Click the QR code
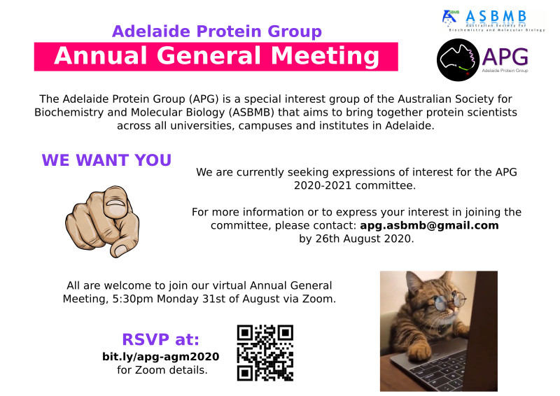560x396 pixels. point(265,353)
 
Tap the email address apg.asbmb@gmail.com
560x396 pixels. point(429,225)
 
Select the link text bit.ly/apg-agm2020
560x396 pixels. point(161,357)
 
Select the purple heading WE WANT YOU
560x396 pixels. point(106,160)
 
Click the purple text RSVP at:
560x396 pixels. point(161,339)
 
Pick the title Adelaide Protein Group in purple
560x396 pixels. point(217,31)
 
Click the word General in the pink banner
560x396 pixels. point(208,56)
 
